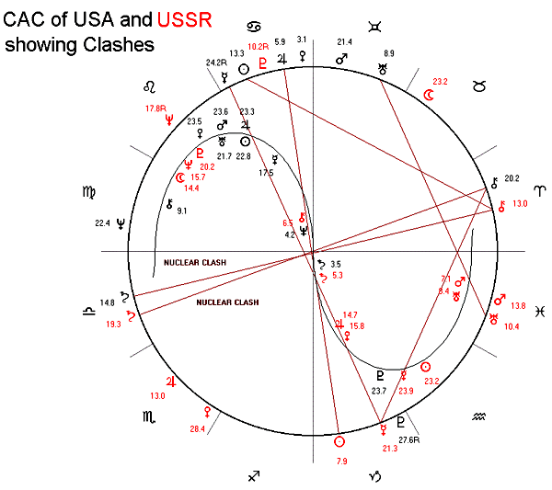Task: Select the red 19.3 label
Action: tap(113, 324)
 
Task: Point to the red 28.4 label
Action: tap(196, 428)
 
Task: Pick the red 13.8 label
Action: tap(517, 306)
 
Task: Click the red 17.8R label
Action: tap(158, 108)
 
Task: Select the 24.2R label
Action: tap(217, 63)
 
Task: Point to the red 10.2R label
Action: tap(259, 47)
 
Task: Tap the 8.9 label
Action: tap(388, 53)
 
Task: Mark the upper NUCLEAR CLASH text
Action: tap(194, 263)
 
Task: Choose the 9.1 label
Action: tap(182, 211)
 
